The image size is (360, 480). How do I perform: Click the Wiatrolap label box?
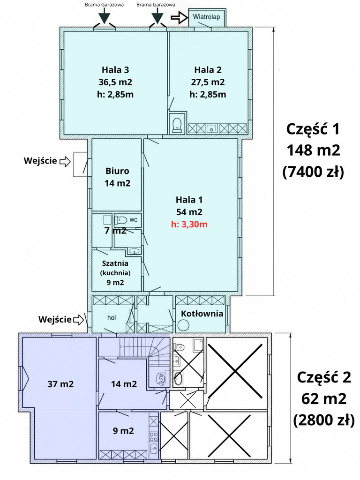[207, 17]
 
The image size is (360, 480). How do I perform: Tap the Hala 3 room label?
[115, 70]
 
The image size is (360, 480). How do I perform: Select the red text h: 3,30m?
[189, 225]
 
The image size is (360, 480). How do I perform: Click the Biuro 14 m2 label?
[118, 177]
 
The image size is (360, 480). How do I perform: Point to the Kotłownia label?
[202, 314]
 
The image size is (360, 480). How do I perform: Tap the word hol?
[112, 317]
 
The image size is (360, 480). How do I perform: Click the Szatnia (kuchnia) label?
[115, 268]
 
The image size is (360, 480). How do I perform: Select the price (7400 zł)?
[313, 172]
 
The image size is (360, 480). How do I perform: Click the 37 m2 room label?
[60, 384]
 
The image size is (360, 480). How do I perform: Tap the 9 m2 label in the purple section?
[123, 431]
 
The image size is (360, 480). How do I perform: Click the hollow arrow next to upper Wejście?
[65, 161]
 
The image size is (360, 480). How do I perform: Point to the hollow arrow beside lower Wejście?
[78, 320]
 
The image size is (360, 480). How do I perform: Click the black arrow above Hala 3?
[105, 16]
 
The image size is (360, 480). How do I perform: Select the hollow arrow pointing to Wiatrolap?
[179, 18]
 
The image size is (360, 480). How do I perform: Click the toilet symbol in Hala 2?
[177, 125]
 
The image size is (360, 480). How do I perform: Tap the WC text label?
[134, 220]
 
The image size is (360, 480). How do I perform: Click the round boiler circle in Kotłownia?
[183, 325]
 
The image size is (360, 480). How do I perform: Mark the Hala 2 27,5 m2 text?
[208, 76]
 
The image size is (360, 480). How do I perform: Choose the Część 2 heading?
[324, 377]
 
